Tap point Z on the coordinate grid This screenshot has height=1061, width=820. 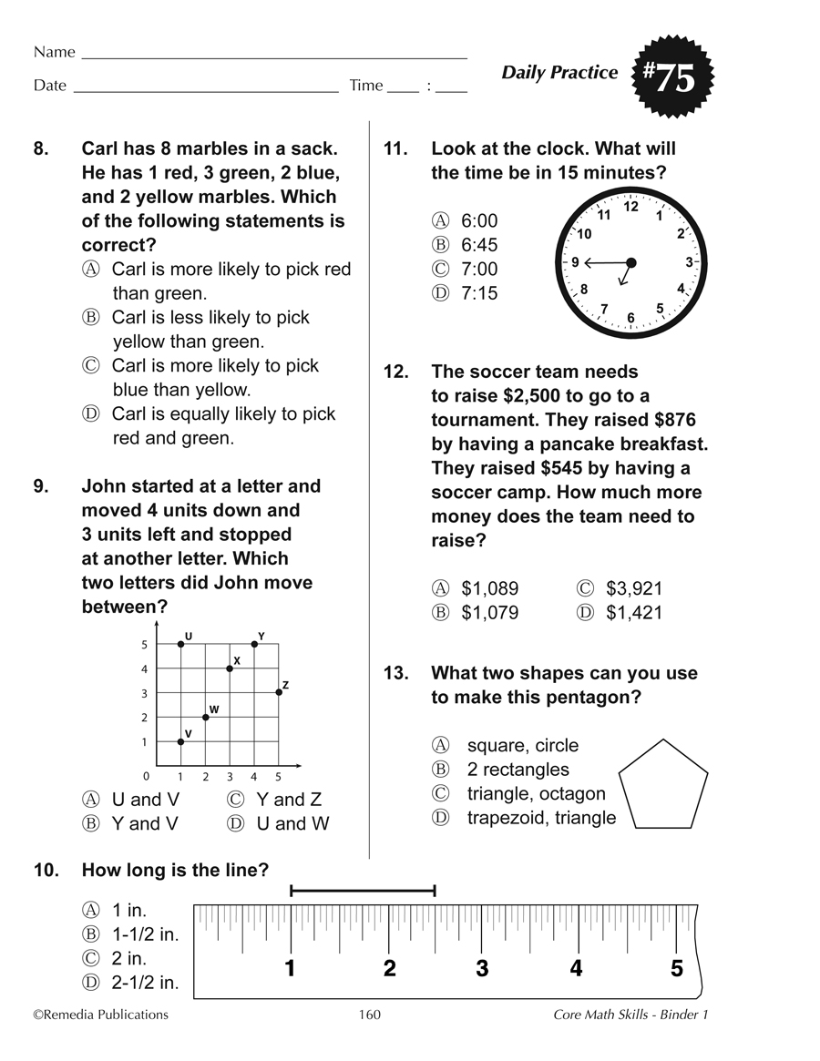[x=279, y=692]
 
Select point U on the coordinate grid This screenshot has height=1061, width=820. [x=180, y=644]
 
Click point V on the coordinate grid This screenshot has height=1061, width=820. [x=180, y=741]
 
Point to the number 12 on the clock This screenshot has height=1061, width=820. [x=630, y=207]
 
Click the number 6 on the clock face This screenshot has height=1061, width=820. [x=630, y=318]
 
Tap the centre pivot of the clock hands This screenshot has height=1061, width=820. [x=630, y=262]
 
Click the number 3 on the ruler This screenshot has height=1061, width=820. [x=482, y=968]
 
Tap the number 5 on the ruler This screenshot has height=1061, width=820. [x=677, y=968]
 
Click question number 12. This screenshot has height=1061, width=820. [x=395, y=372]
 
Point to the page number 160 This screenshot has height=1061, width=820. [x=369, y=1015]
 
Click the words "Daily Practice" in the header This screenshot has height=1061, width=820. [x=559, y=73]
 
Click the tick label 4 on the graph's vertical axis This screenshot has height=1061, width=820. [x=143, y=668]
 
